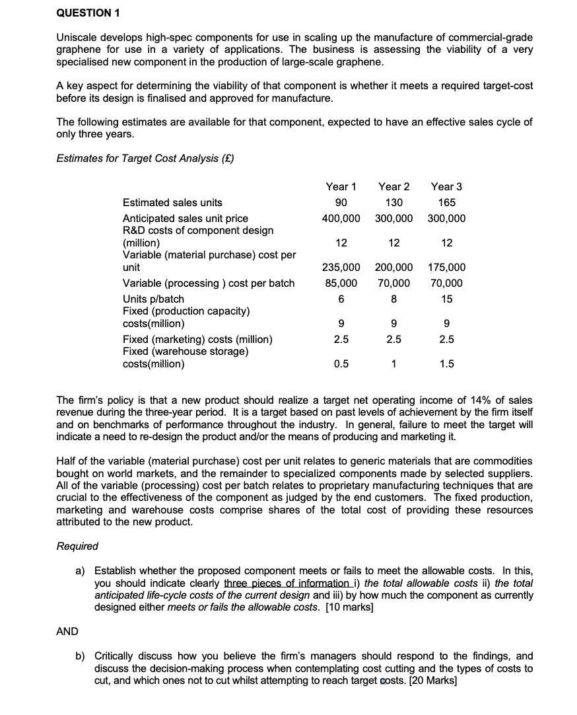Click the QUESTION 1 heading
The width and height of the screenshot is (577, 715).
(x=83, y=13)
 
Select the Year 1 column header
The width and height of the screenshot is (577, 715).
(x=341, y=187)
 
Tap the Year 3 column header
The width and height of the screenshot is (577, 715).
(x=446, y=187)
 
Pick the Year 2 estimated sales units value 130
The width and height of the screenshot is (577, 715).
(x=393, y=203)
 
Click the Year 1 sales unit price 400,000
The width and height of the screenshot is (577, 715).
(x=341, y=218)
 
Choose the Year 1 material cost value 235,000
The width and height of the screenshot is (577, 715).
(x=341, y=268)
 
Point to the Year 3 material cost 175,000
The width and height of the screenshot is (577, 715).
(x=446, y=268)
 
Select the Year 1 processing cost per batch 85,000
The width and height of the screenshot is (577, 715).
(x=341, y=283)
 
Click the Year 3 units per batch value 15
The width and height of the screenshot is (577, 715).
(x=446, y=299)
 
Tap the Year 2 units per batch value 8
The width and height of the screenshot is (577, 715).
(x=393, y=299)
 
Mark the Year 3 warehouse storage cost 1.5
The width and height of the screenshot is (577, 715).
(x=446, y=363)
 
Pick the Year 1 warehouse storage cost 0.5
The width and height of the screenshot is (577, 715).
(x=341, y=363)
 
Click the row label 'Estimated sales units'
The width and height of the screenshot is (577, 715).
(x=172, y=203)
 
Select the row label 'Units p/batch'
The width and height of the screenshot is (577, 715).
(x=153, y=299)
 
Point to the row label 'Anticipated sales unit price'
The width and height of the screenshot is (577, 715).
(x=186, y=218)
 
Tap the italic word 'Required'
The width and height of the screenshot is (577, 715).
(x=77, y=546)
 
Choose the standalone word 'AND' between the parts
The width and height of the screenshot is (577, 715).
(x=67, y=631)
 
